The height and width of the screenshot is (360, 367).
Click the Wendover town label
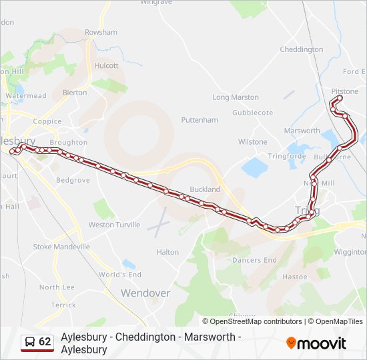click(x=145, y=293)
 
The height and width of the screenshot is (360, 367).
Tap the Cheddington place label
click(x=302, y=49)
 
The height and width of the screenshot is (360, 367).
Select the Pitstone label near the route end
click(x=344, y=91)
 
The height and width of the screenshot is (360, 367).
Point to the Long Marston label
click(x=236, y=97)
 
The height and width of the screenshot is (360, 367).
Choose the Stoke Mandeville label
click(x=61, y=247)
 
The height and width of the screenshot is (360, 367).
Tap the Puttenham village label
click(x=200, y=120)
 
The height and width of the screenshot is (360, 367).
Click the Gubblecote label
click(x=252, y=113)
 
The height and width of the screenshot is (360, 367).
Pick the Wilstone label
click(x=253, y=142)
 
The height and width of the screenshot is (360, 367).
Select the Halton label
click(x=167, y=252)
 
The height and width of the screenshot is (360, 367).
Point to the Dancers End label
click(x=254, y=260)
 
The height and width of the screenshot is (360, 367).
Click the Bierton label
click(x=74, y=93)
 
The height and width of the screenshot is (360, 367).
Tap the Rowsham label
click(x=101, y=32)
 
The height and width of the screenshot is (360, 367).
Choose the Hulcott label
click(x=107, y=66)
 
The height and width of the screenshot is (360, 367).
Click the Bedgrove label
click(x=73, y=180)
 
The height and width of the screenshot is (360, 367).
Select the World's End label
click(x=120, y=275)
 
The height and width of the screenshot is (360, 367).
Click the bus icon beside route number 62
click(x=30, y=342)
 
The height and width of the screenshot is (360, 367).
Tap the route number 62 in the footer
click(x=45, y=342)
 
